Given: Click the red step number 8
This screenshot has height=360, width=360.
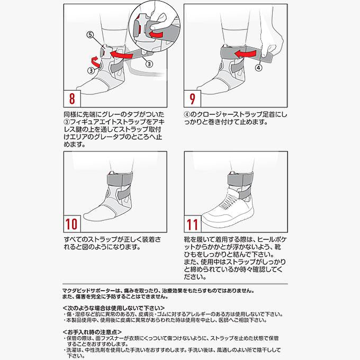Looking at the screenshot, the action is coord(72,98).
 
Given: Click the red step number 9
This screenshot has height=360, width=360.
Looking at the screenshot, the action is coord(192,98).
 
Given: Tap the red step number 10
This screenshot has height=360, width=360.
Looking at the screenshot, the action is coord(71,224).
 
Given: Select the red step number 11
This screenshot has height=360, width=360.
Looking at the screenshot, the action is coord(192,224).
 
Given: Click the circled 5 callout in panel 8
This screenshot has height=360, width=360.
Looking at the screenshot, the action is coord(90,34).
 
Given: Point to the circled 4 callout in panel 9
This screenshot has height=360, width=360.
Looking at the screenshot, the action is coord(259,68).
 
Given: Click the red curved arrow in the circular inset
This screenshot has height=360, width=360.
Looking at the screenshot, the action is coord(156,34).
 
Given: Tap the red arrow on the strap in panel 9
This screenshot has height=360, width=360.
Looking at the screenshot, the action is coord(245,54).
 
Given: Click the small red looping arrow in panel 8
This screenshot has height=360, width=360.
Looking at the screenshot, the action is coord(96,61).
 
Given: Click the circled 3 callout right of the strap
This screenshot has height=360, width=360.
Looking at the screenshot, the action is coord(149,64).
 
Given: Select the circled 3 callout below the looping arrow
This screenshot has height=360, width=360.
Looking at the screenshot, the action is coord(91,70).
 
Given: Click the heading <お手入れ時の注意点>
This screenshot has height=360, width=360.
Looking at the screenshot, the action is coord(92,332).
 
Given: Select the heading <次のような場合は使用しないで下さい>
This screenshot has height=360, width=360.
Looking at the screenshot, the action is coord(114,308).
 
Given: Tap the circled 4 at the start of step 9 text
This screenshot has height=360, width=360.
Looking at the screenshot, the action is coord(187,114).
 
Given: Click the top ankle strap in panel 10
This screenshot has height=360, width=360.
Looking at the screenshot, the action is coord(120,178).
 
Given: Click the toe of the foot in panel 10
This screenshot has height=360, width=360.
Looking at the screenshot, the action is coord(88,216).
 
